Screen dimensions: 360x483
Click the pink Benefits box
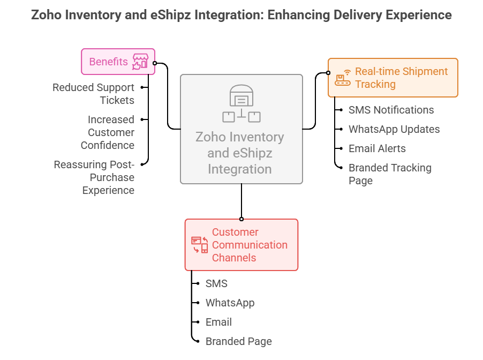[118, 62]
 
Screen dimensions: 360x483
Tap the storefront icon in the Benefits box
[140, 62]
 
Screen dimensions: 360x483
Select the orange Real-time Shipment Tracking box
[393, 78]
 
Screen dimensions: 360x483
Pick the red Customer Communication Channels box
[241, 245]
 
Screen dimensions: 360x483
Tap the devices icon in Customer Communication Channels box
[199, 245]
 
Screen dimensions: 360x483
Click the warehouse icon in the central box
[241, 103]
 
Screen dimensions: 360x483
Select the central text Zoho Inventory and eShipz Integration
[240, 153]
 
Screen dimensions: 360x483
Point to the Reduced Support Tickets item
[93, 94]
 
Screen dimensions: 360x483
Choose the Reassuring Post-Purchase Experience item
[94, 177]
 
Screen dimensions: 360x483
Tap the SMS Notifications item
[391, 110]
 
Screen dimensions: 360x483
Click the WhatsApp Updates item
[394, 129]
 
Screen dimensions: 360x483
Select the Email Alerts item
[377, 148]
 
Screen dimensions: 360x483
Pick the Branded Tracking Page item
[389, 174]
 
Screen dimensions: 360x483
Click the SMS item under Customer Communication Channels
[216, 283]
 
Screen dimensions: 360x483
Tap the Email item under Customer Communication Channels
[218, 322]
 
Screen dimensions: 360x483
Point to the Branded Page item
[238, 341]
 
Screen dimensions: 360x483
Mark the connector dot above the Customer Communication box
[242, 219]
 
